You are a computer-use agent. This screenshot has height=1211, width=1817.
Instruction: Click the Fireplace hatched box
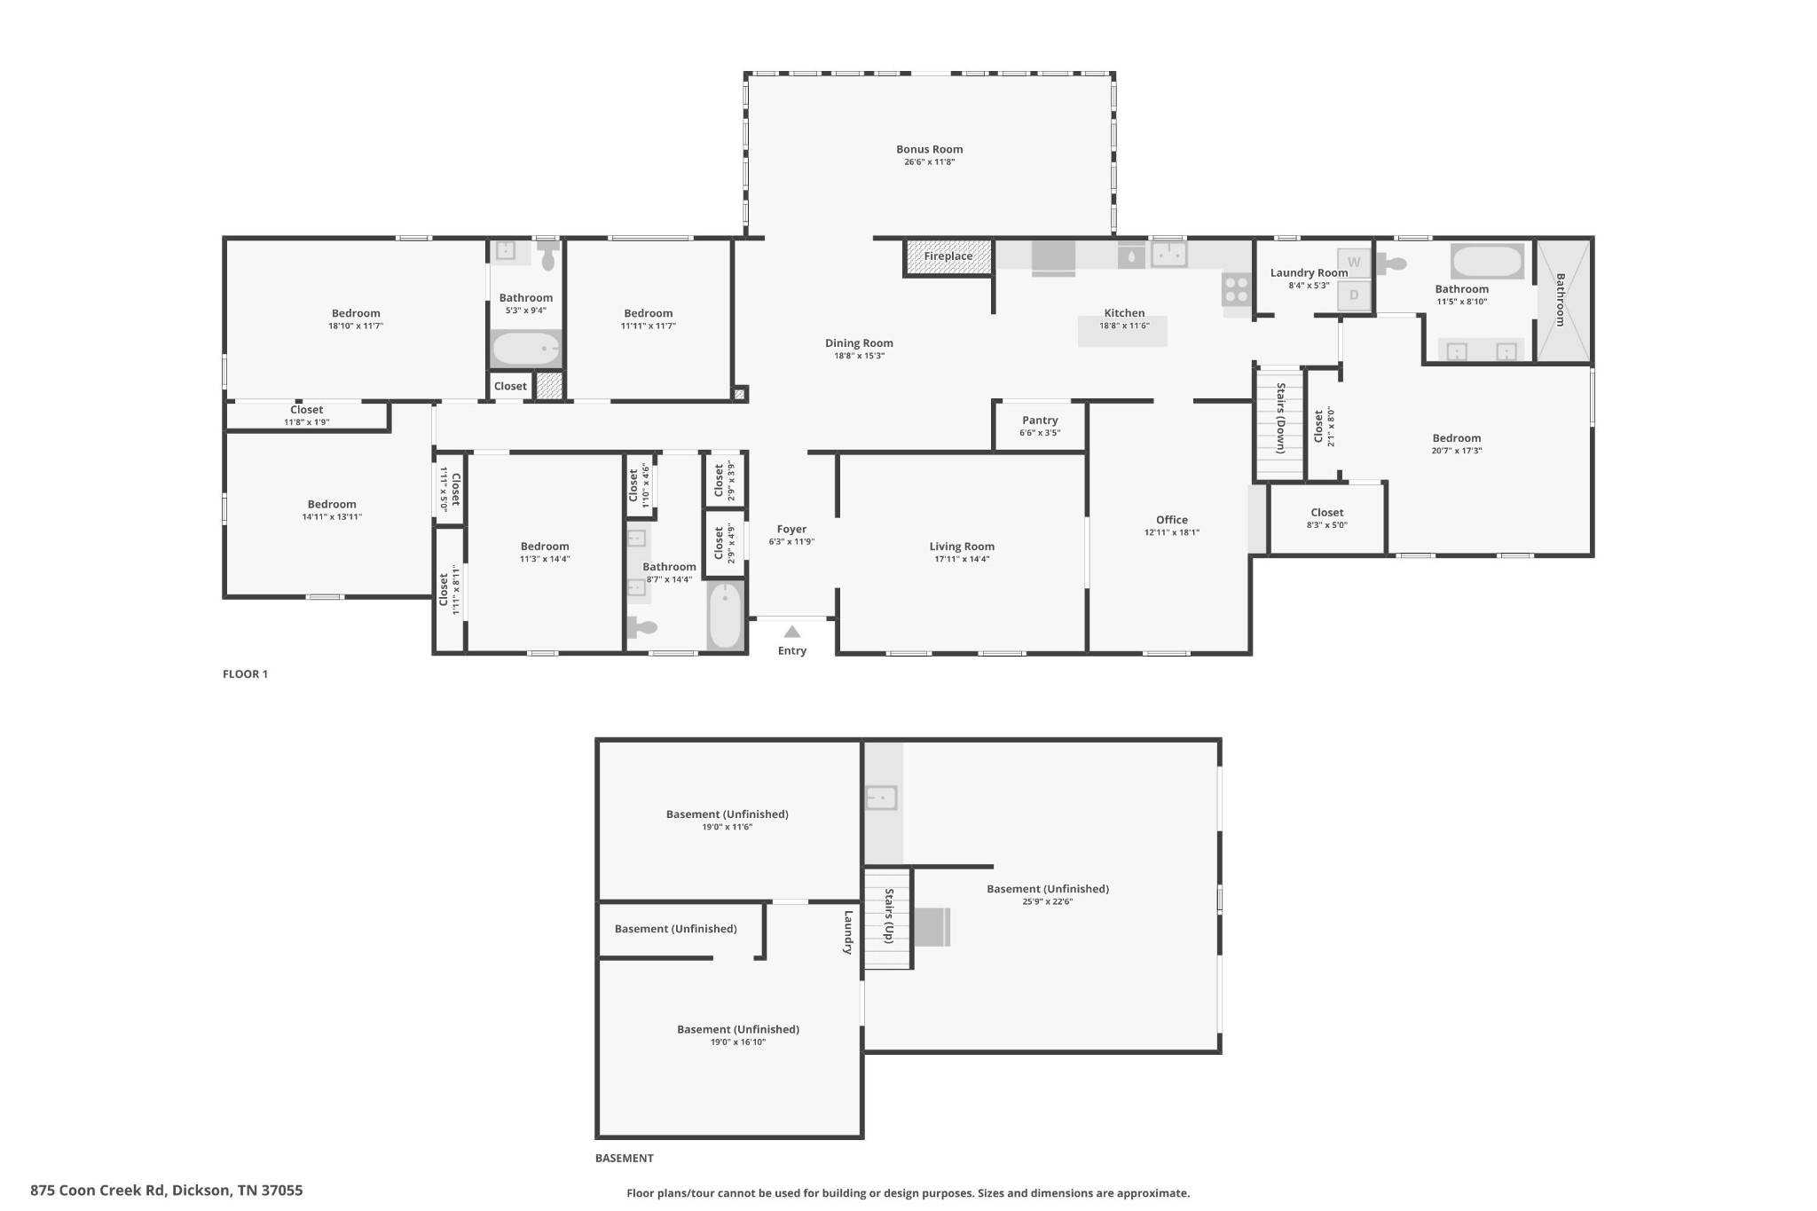tap(948, 256)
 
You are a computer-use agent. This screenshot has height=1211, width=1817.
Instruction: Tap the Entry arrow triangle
tap(792, 632)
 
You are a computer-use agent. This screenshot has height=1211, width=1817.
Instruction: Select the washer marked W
tap(1354, 263)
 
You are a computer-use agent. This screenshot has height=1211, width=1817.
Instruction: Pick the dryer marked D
tap(1354, 295)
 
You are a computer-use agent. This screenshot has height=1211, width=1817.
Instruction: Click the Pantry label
tap(1040, 421)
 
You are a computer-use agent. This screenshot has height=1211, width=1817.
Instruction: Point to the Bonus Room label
tap(929, 149)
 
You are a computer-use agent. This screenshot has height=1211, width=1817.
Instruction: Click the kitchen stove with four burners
tap(1237, 288)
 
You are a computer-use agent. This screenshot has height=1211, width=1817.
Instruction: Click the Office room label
tap(1171, 520)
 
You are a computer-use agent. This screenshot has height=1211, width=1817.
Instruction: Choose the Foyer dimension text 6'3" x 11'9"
tap(791, 542)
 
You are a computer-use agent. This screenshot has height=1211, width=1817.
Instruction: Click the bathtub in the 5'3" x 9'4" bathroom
tap(526, 349)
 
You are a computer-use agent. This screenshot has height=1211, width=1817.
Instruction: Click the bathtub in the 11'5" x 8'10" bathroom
tap(1487, 262)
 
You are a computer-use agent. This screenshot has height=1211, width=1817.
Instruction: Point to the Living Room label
tap(962, 547)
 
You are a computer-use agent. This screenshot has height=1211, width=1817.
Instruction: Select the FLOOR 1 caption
tap(245, 674)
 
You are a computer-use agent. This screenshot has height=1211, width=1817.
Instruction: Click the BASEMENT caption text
tap(624, 1158)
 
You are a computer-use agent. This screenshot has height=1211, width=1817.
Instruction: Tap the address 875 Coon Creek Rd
tap(98, 1191)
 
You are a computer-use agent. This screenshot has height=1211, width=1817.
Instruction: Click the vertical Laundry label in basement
tap(848, 932)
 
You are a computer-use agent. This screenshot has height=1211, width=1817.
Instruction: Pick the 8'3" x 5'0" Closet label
tap(1326, 513)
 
